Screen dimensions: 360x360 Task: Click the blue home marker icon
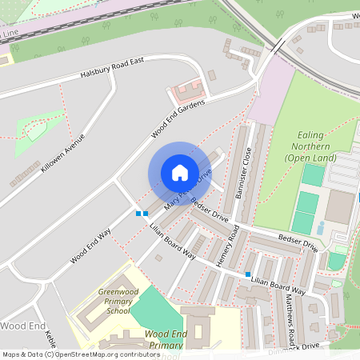[180, 173]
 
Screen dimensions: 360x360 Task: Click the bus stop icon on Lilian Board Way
[248, 274]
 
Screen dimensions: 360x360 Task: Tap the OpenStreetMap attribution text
[70, 354]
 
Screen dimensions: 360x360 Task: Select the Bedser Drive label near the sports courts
[298, 243]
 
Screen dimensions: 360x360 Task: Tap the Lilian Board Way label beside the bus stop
[278, 284]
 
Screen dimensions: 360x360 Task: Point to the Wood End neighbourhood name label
[23, 326]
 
